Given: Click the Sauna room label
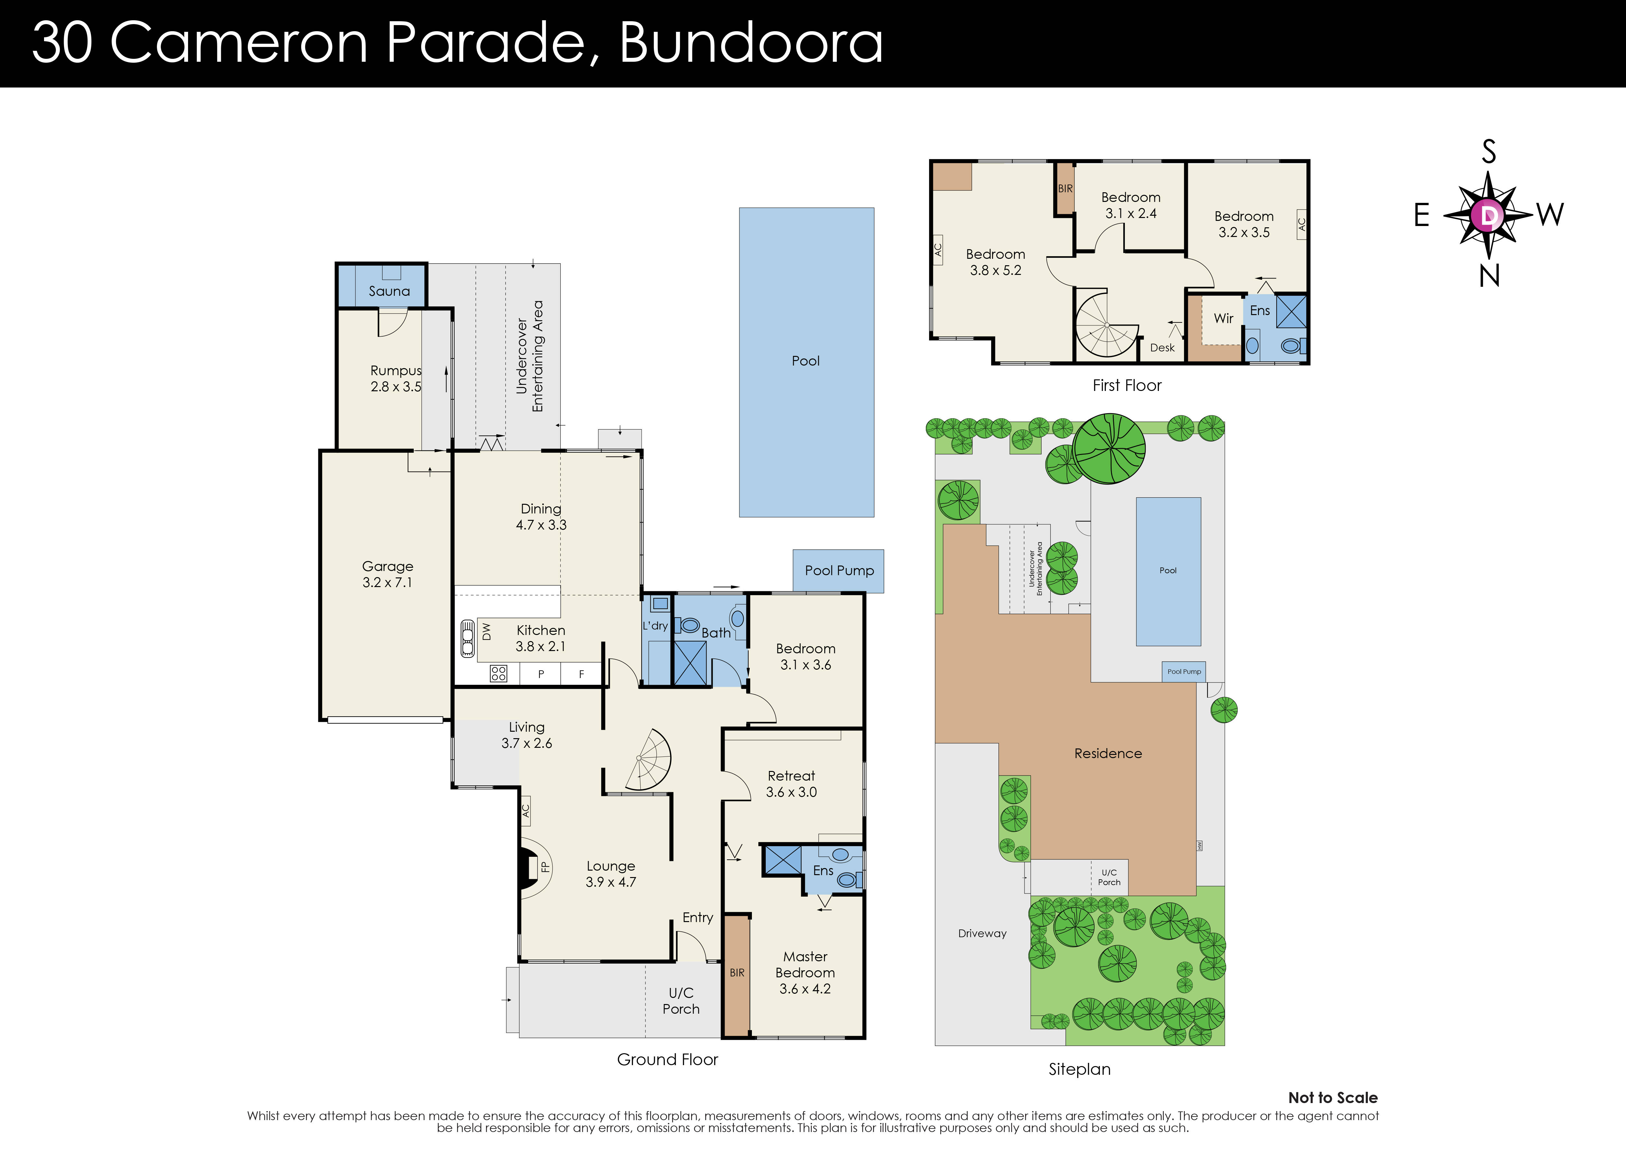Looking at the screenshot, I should [389, 291].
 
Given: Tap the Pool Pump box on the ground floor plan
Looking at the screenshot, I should [838, 571].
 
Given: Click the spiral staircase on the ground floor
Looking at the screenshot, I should [648, 761].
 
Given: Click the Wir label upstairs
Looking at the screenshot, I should [1223, 319].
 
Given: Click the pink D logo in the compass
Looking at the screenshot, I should [1488, 215].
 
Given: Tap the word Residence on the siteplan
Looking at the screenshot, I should [1107, 754].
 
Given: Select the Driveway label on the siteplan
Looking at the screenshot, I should [981, 933].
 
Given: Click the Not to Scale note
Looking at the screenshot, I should [1332, 1098].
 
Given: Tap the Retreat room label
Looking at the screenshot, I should [791, 776].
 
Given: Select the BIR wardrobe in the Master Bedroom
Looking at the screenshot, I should [736, 974].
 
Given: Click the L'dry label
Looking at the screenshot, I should [655, 626].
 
